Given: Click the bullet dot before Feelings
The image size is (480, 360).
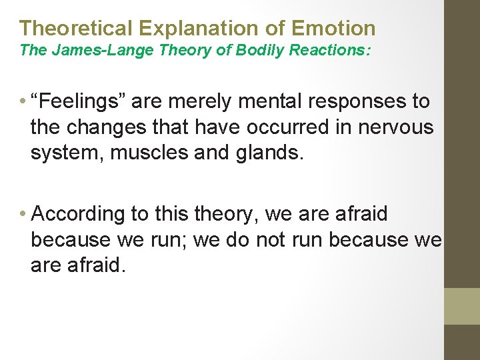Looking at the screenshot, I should pyautogui.click(x=23, y=102).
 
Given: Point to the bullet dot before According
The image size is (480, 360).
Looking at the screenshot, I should pyautogui.click(x=23, y=215).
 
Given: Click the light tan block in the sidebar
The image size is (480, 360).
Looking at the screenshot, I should pyautogui.click(x=462, y=306).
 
